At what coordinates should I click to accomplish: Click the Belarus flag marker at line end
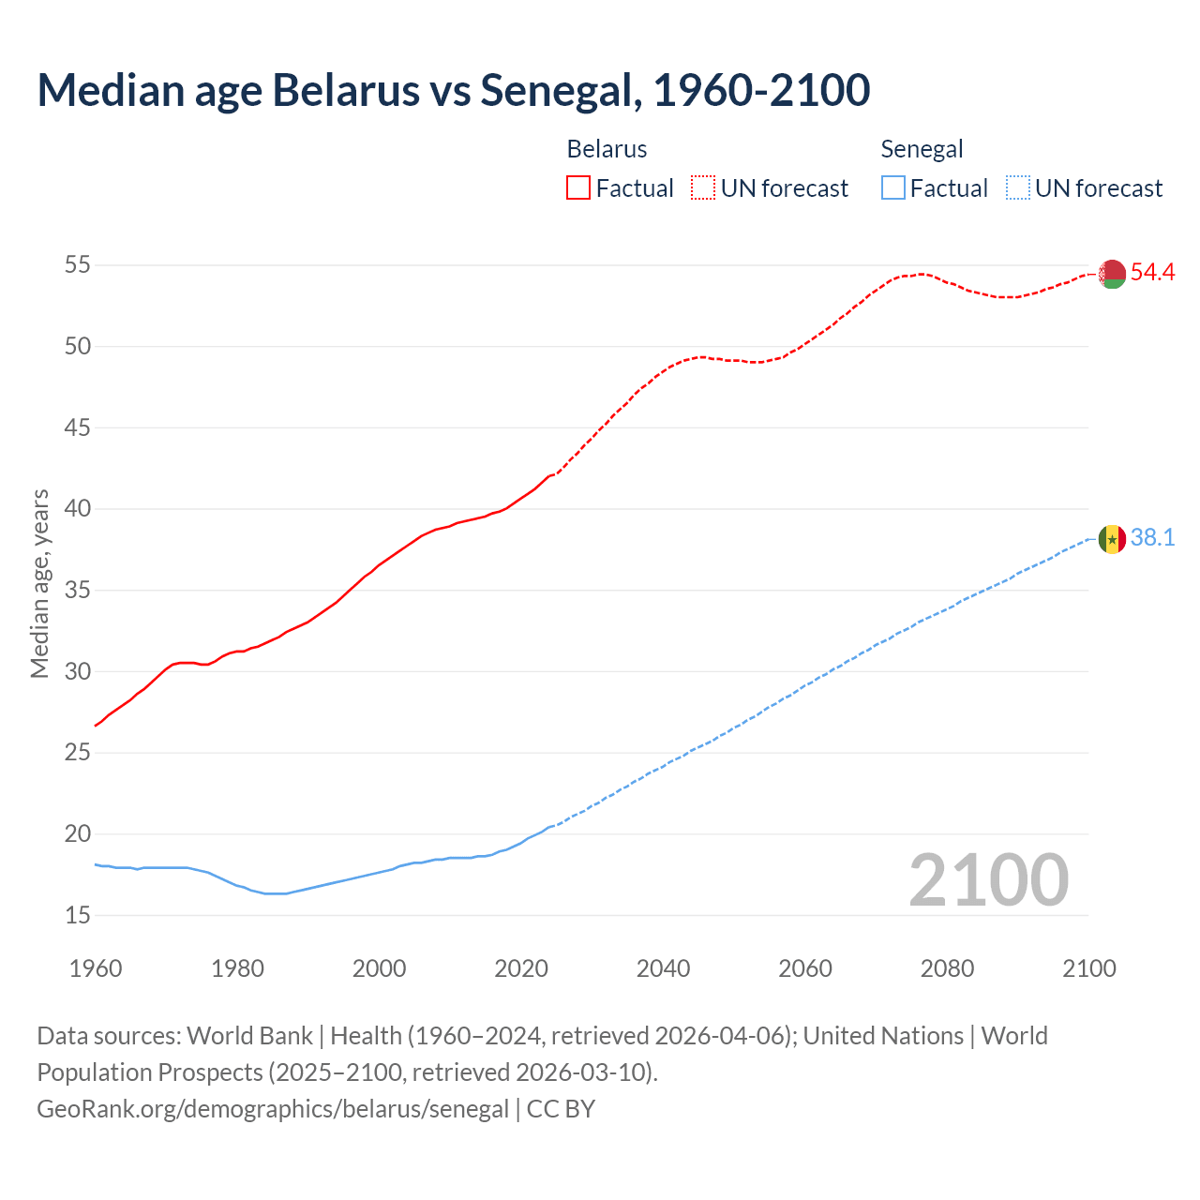coord(1112,274)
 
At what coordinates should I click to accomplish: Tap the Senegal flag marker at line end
coord(1112,539)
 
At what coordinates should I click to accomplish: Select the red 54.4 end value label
coord(1152,273)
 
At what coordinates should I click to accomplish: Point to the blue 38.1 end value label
coord(1152,538)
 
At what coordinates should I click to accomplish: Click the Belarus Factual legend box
coord(578,188)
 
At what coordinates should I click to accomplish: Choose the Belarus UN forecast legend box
coord(703,188)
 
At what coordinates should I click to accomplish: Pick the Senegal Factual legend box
coord(893,188)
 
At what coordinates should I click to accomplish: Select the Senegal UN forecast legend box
coord(1017,188)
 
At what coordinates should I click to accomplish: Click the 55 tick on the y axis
coord(77,265)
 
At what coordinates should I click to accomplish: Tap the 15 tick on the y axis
coord(77,915)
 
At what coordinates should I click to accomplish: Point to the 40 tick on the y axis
coord(77,509)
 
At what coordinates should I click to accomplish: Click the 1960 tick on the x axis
coord(96,968)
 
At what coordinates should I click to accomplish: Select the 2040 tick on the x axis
coord(663,968)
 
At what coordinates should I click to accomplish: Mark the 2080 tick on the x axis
coord(947,968)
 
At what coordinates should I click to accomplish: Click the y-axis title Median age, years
coord(39,583)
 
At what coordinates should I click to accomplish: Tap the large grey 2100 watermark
coord(988,879)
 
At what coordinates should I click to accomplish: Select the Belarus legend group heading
coord(607,149)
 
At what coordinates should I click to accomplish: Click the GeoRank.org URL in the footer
coord(273,1109)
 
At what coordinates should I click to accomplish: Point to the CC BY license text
coord(561,1109)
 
